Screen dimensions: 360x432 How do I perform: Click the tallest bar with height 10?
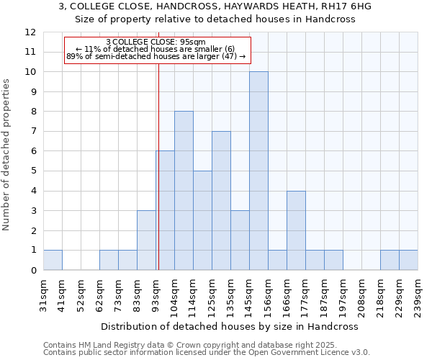258,171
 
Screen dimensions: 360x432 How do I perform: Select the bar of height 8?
184,191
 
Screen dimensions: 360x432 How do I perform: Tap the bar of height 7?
221,201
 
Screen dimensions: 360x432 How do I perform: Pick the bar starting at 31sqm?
53,260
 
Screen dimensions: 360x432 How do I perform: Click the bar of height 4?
296,230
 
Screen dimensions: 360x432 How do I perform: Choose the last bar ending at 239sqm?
408,260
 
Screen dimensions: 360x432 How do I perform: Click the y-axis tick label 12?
30,32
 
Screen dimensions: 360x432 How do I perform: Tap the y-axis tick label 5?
33,171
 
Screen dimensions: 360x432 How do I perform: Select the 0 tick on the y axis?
33,271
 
